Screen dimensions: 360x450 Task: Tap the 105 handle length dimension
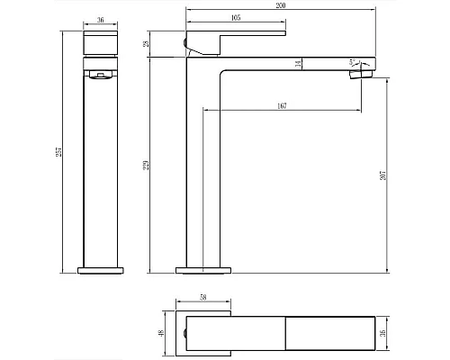[235, 17]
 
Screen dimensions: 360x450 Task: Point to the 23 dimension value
[170, 42]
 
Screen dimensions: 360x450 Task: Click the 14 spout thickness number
[297, 63]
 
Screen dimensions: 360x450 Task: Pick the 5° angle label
[354, 62]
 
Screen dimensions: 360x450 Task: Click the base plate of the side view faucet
[204, 269]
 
